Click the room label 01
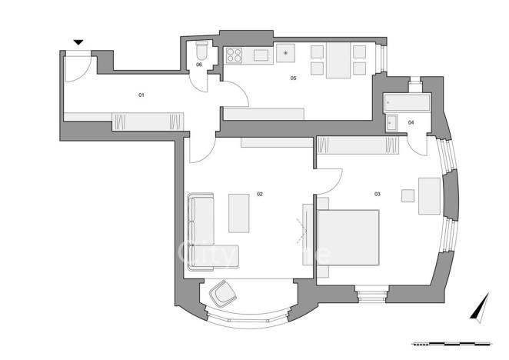[141, 95]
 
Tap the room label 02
[260, 194]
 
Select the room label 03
[378, 194]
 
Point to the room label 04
[411, 122]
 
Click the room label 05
[293, 78]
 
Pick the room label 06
[199, 65]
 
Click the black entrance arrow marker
[78, 43]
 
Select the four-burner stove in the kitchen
[235, 55]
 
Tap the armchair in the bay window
[225, 292]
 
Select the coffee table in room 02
[238, 212]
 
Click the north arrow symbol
[481, 307]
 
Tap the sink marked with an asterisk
[286, 53]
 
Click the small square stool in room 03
[407, 195]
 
